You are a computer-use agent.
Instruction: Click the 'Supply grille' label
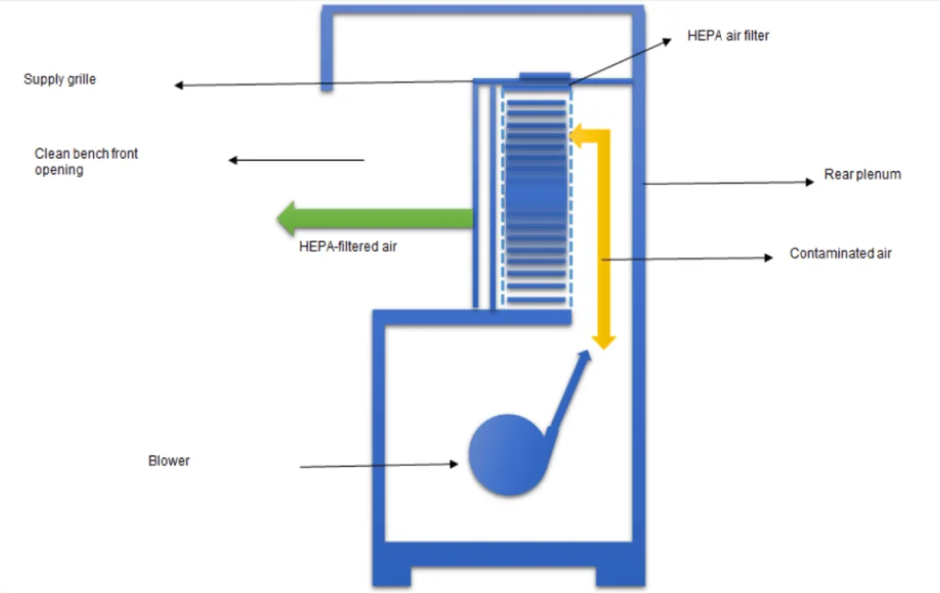tap(59, 80)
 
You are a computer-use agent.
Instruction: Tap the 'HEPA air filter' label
tap(728, 36)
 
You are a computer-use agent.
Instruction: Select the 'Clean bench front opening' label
tap(86, 161)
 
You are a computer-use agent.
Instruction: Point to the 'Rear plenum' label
tap(862, 174)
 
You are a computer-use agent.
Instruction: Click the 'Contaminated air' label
tap(840, 254)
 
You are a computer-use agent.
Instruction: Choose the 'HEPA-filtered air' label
tap(347, 247)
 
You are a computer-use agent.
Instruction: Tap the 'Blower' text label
tap(169, 461)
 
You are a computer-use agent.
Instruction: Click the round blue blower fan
tap(506, 455)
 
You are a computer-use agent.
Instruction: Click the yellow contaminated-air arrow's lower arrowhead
tap(603, 339)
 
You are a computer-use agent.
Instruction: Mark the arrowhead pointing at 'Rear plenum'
tap(809, 182)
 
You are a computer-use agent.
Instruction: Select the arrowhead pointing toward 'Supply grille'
tap(179, 86)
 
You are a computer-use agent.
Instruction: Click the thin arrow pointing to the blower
tap(376, 464)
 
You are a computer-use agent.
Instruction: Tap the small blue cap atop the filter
tap(543, 74)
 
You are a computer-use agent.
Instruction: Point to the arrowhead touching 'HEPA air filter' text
tap(666, 41)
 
